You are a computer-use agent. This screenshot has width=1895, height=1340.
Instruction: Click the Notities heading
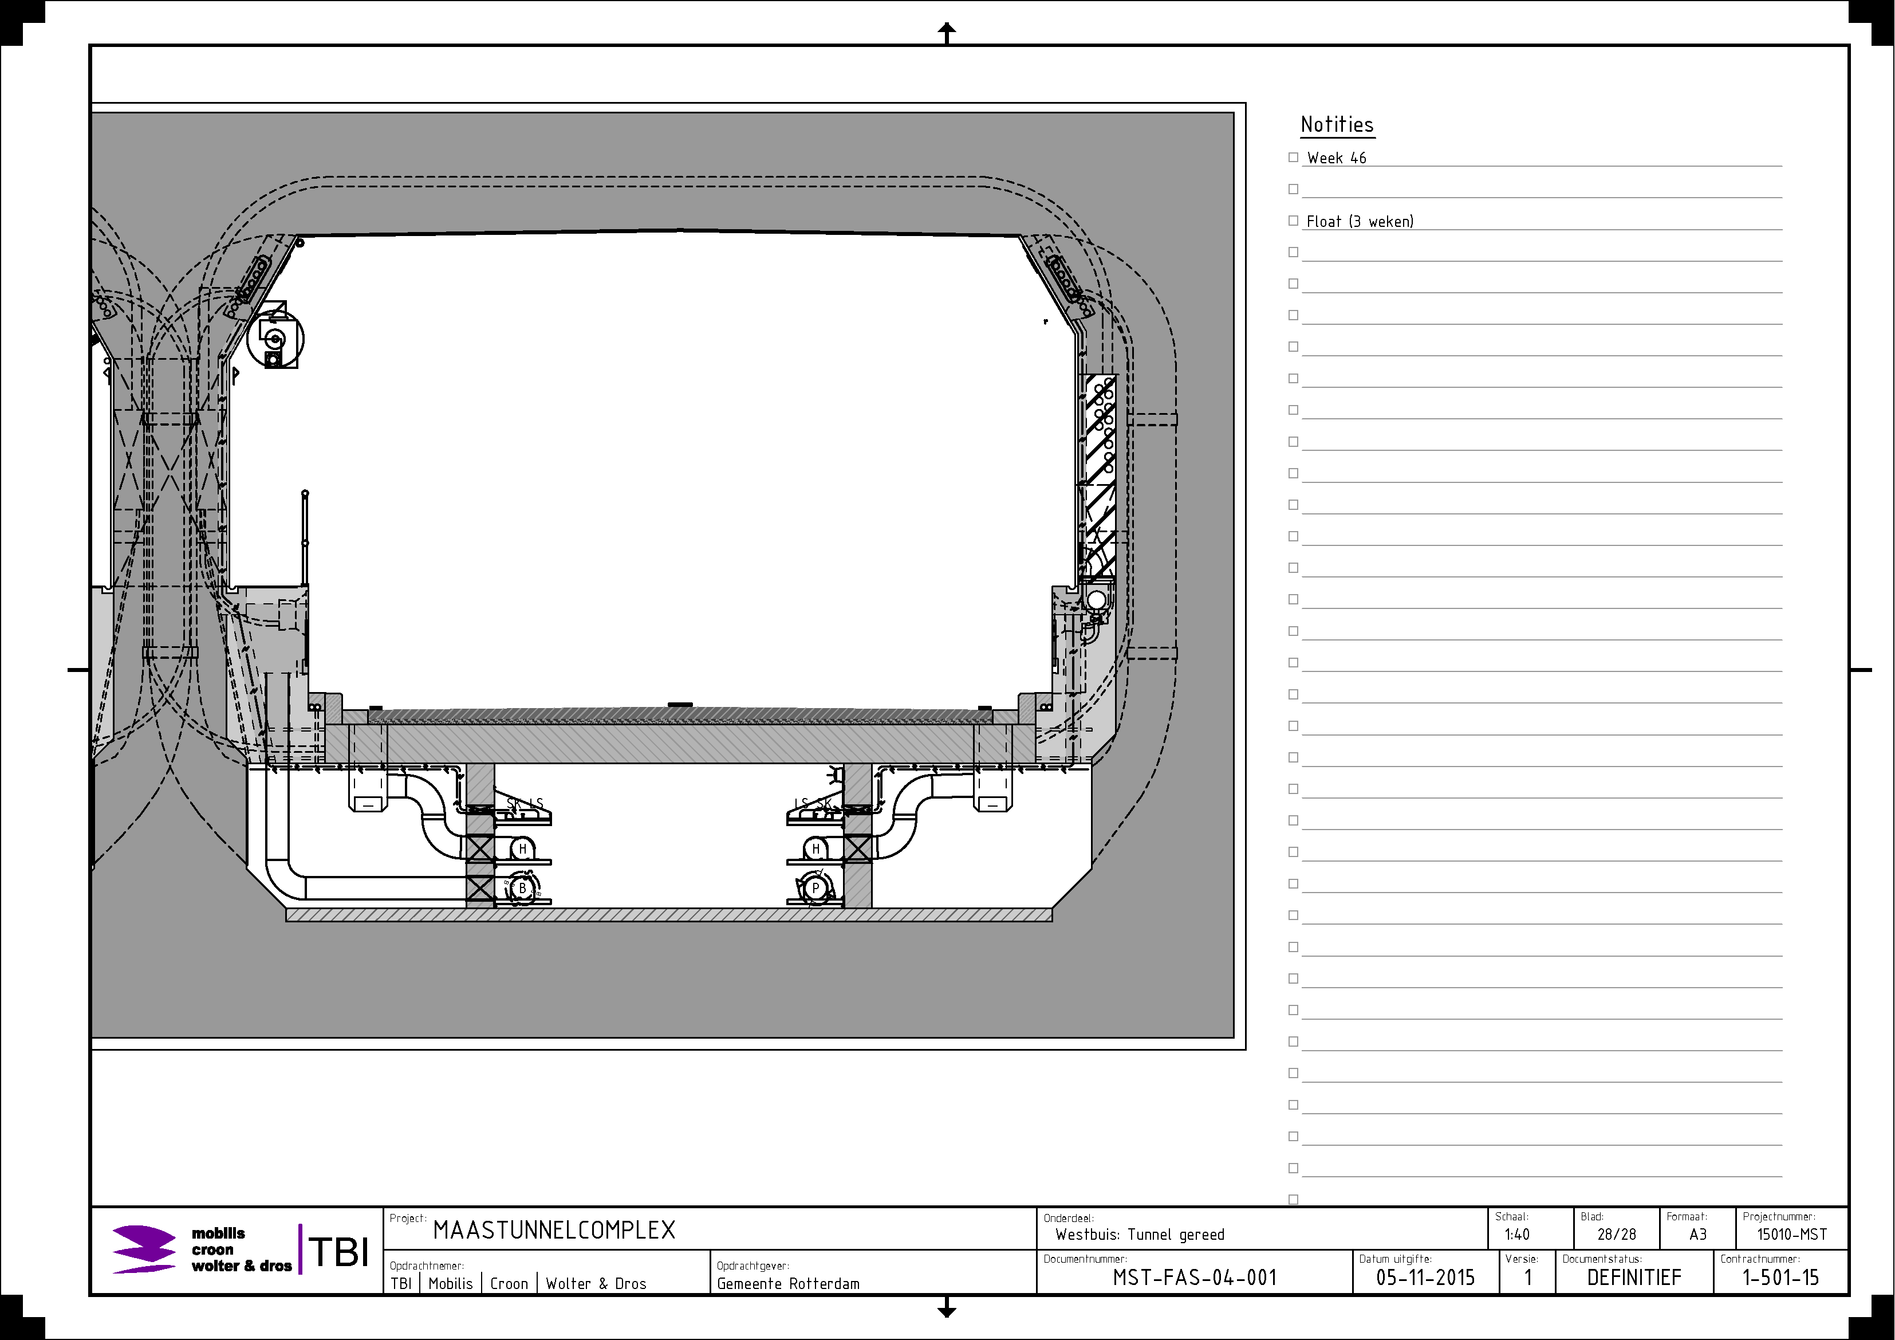click(x=1337, y=125)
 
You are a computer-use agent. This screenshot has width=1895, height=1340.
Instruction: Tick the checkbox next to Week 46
click(x=1293, y=157)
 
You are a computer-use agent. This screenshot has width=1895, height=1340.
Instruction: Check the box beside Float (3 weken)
click(x=1293, y=221)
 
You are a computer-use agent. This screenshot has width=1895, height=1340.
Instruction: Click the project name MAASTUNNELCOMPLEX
click(x=554, y=1230)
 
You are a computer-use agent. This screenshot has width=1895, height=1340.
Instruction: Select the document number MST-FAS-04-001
click(x=1194, y=1277)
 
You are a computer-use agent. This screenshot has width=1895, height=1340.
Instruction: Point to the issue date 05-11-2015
click(x=1425, y=1277)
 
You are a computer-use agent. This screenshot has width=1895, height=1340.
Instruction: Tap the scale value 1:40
click(x=1517, y=1235)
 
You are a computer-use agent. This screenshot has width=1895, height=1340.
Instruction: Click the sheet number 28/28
click(x=1616, y=1235)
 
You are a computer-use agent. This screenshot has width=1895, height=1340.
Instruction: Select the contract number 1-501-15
click(x=1780, y=1277)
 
